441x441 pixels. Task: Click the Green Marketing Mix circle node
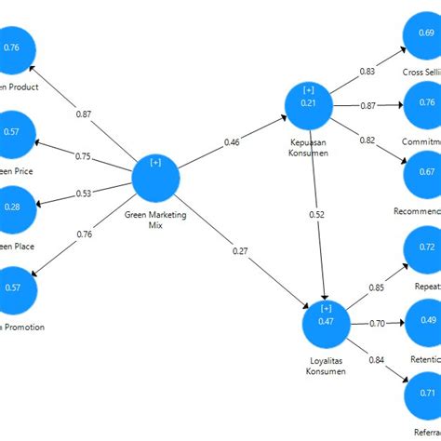[x=155, y=178]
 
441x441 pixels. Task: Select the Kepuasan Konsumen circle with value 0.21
[x=309, y=110]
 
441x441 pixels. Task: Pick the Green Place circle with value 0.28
[x=13, y=207]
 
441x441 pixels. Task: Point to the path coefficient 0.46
[x=233, y=142]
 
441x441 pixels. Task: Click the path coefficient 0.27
[x=240, y=250]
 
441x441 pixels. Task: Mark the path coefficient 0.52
[x=316, y=215]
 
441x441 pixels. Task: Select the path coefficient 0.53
[x=85, y=194]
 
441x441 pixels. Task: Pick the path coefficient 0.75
[x=84, y=156]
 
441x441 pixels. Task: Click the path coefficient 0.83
[x=367, y=71]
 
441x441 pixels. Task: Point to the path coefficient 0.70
[x=378, y=323]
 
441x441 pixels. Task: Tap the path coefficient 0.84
[x=377, y=360]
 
